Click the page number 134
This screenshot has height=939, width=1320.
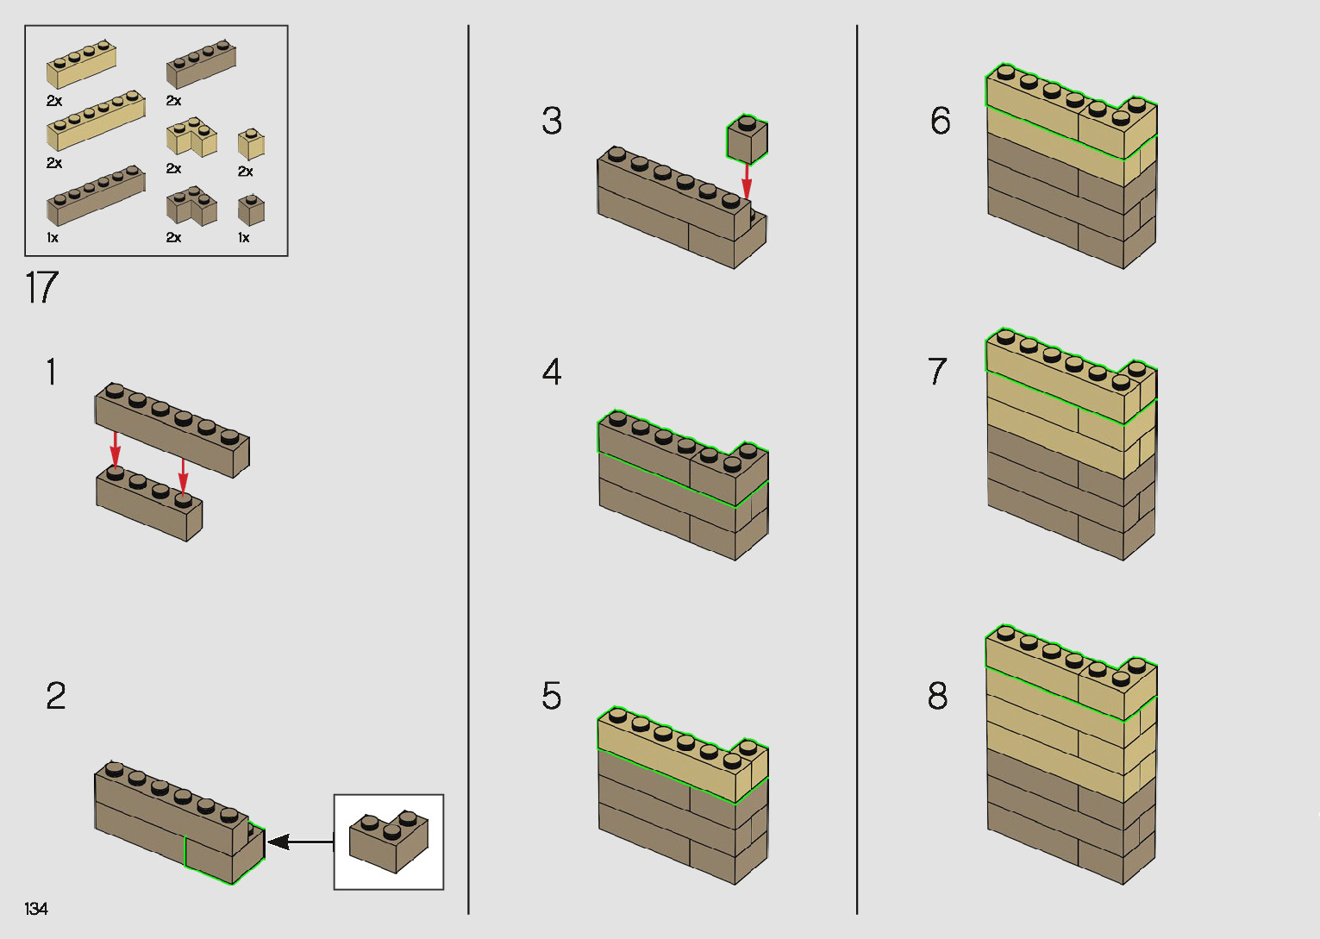click(36, 909)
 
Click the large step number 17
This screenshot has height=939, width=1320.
click(41, 288)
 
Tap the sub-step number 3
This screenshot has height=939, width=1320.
click(552, 121)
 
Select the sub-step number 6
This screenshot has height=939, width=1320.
click(941, 121)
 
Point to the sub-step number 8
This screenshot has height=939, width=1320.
click(937, 696)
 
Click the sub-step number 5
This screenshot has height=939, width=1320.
click(552, 696)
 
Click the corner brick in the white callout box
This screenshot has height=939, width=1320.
click(390, 841)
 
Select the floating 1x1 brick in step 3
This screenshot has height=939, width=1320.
click(747, 140)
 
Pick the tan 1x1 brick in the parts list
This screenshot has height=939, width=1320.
click(251, 144)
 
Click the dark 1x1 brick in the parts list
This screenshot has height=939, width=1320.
click(251, 210)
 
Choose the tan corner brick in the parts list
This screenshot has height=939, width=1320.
click(191, 138)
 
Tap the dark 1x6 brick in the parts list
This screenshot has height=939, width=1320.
click(95, 197)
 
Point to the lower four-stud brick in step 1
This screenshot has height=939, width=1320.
click(148, 504)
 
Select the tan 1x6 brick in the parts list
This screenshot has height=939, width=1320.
click(95, 121)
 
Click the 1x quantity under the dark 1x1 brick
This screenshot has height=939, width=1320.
click(244, 238)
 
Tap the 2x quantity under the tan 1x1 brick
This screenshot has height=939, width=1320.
click(246, 172)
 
